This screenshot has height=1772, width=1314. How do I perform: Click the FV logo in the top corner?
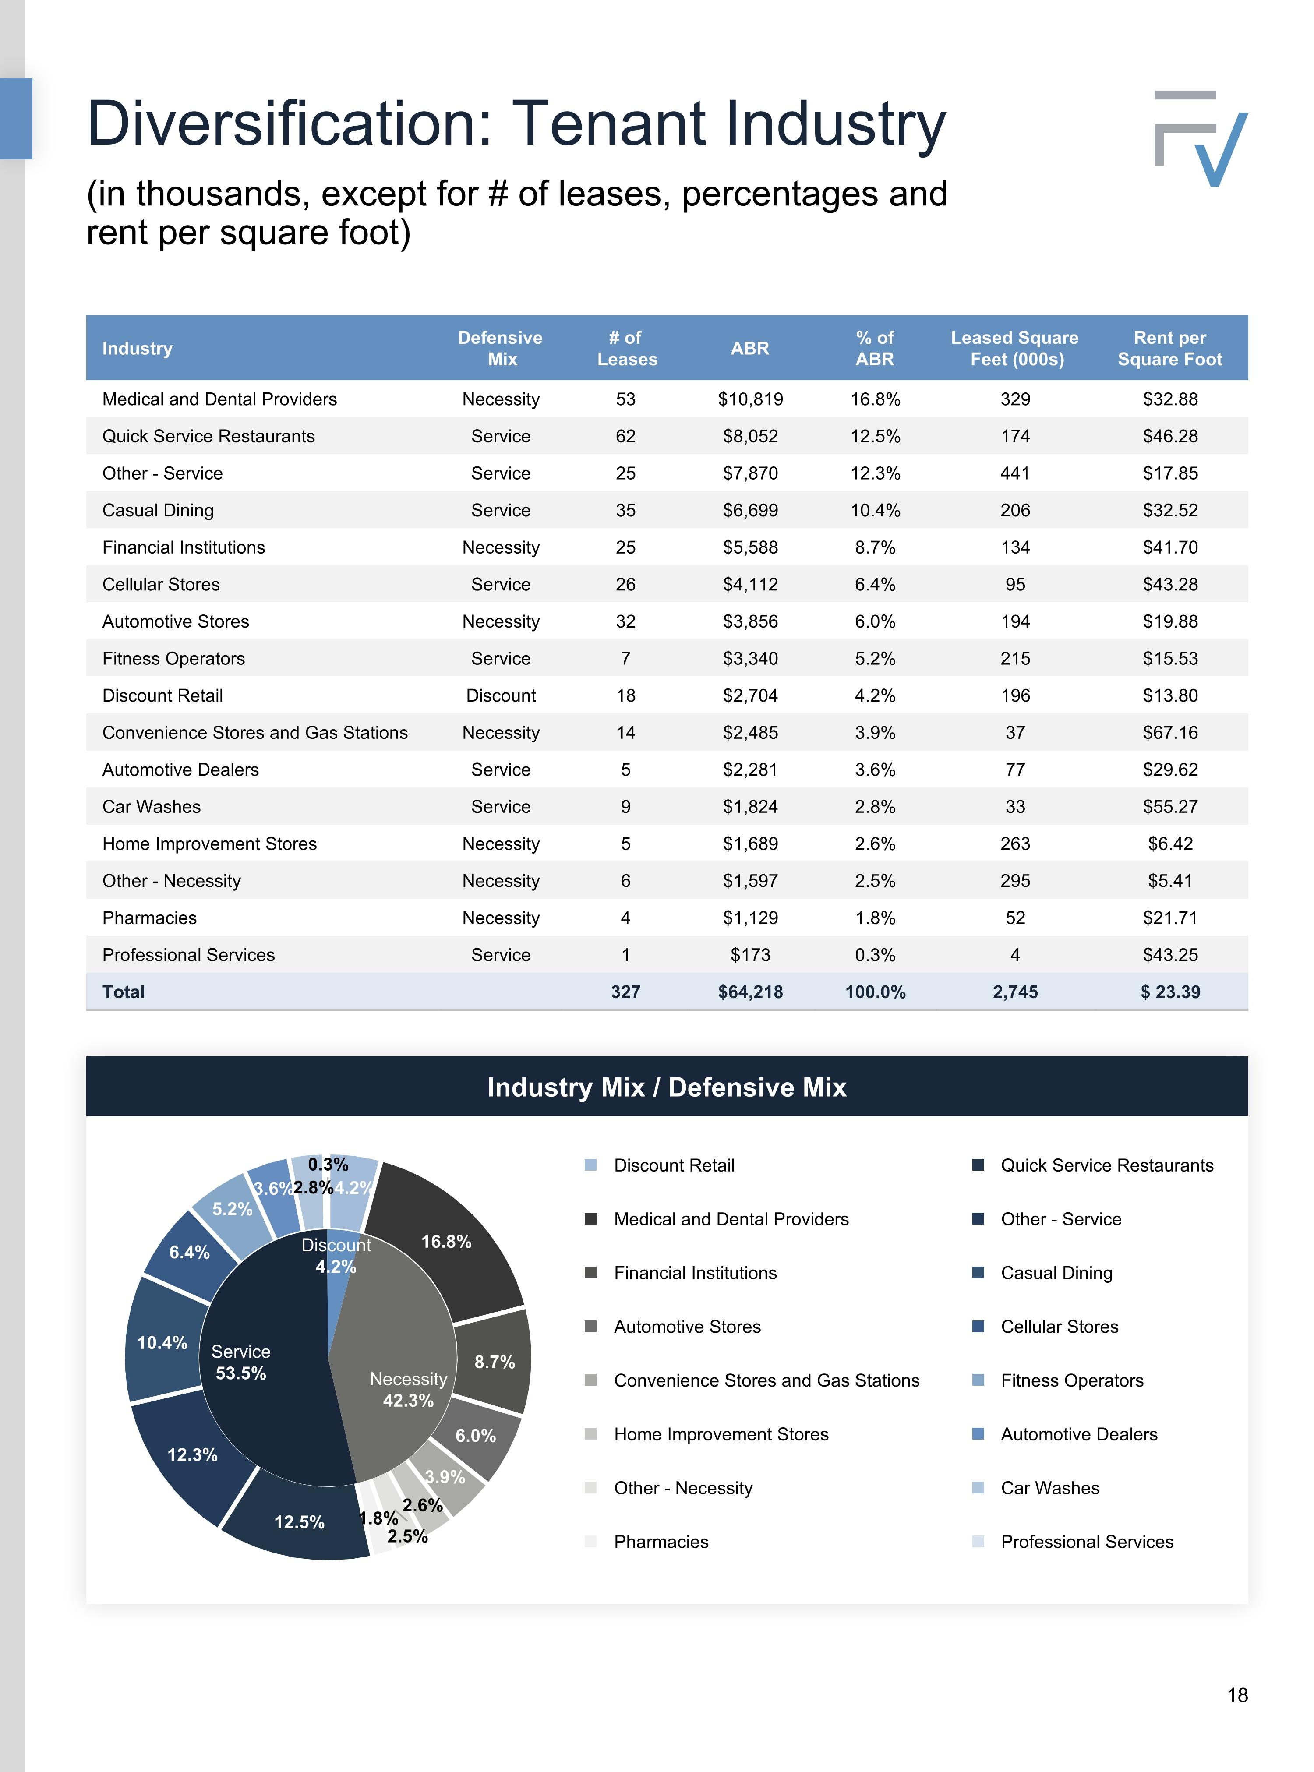[1200, 138]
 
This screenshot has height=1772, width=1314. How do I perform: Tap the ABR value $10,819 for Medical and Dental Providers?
[750, 399]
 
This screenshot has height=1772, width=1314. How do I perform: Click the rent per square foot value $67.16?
[1170, 733]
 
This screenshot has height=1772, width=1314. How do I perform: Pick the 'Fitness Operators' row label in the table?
[173, 659]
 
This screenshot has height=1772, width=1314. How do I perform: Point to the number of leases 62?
[626, 436]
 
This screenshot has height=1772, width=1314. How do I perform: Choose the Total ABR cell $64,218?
[750, 992]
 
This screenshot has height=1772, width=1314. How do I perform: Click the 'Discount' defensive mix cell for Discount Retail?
[501, 696]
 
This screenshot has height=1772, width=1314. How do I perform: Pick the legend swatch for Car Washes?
[978, 1487]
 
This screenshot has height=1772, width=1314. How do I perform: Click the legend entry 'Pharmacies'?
[661, 1541]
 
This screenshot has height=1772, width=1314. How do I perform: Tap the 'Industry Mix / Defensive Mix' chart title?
[667, 1087]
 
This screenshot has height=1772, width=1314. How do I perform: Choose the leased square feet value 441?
[1015, 473]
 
